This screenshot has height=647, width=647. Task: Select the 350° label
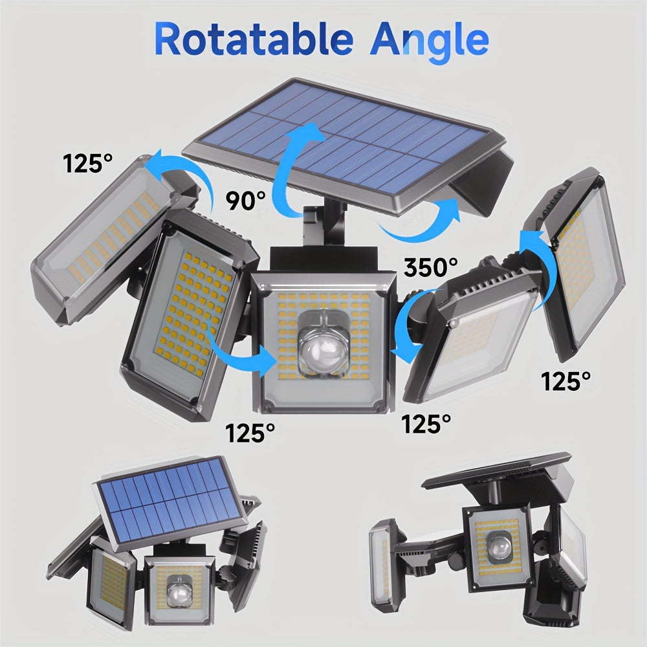coord(431,267)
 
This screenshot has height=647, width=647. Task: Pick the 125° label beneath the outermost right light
coord(567,382)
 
